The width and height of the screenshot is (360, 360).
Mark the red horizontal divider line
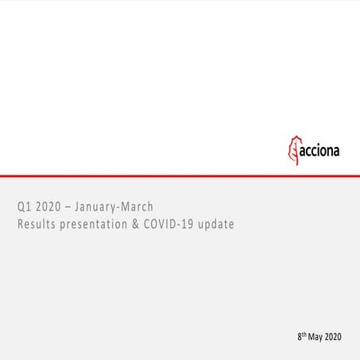point(180,175)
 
